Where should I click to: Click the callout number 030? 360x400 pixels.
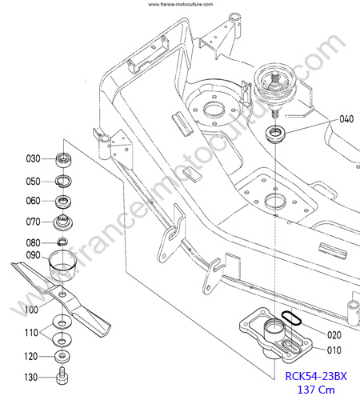pyautogui.click(x=33, y=158)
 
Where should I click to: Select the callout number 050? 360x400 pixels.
pyautogui.click(x=33, y=182)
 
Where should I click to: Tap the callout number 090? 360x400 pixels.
pyautogui.click(x=33, y=255)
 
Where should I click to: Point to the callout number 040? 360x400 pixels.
pyautogui.click(x=346, y=119)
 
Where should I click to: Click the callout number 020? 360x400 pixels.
pyautogui.click(x=334, y=335)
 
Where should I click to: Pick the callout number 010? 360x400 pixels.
pyautogui.click(x=334, y=350)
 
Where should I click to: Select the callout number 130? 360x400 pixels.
pyautogui.click(x=31, y=378)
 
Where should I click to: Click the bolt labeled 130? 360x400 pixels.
pyautogui.click(x=62, y=375)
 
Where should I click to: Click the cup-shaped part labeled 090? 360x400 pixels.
pyautogui.click(x=62, y=265)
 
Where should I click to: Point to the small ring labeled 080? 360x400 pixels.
pyautogui.click(x=62, y=242)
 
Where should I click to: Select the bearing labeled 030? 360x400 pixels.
pyautogui.click(x=63, y=161)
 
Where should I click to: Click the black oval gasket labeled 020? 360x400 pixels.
pyautogui.click(x=291, y=318)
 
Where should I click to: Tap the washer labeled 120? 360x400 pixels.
pyautogui.click(x=62, y=356)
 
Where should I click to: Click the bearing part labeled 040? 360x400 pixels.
pyautogui.click(x=276, y=133)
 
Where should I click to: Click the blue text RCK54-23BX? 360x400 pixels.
pyautogui.click(x=316, y=376)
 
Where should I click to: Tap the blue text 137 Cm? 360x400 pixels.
pyautogui.click(x=316, y=390)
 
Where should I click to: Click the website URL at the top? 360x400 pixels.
pyautogui.click(x=181, y=4)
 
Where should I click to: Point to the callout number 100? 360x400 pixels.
pyautogui.click(x=31, y=310)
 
